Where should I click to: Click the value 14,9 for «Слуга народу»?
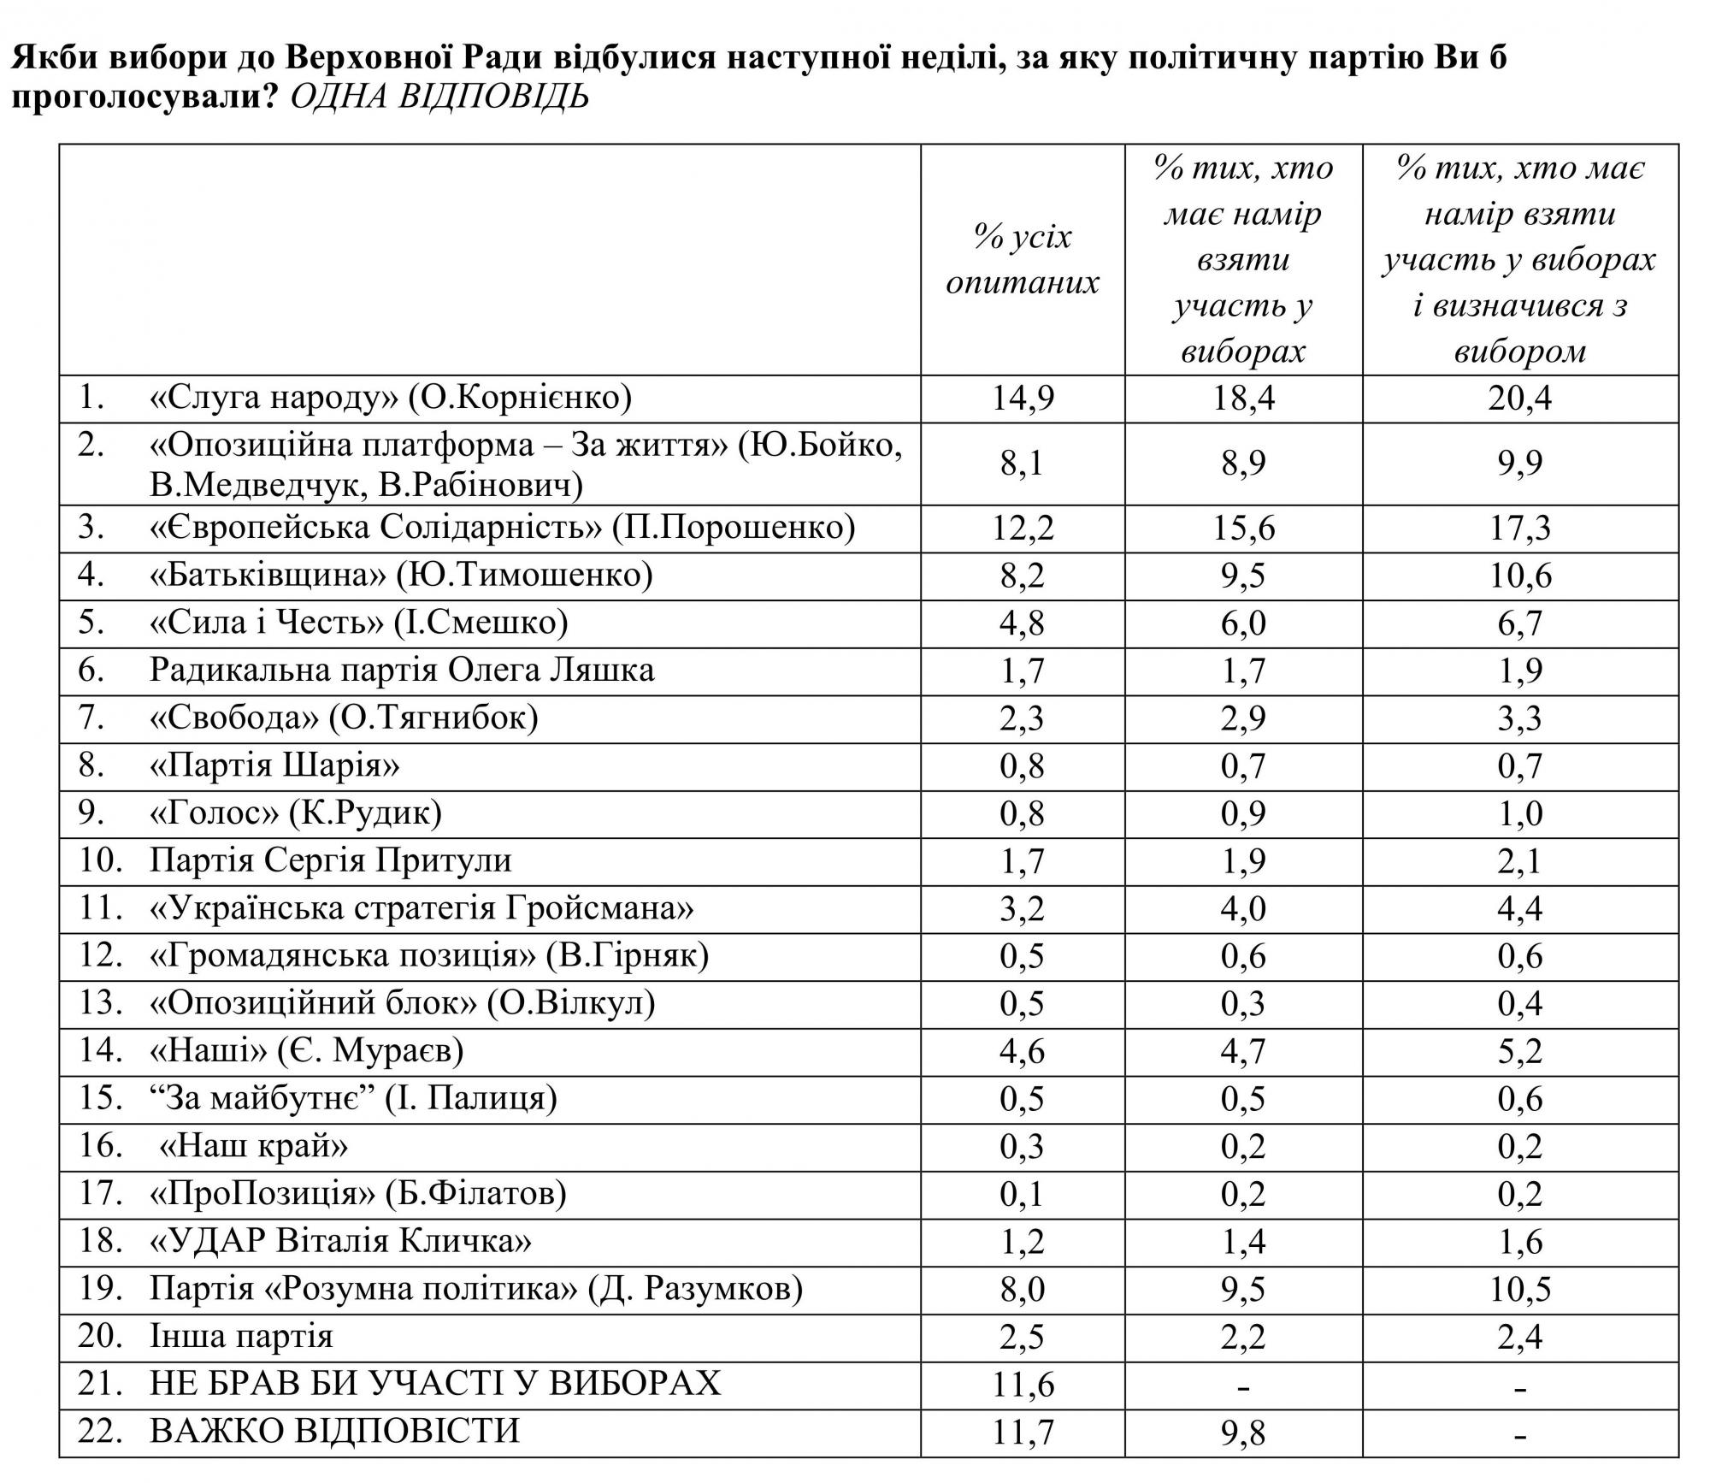click(1023, 399)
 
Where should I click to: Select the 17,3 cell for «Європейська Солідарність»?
click(1519, 529)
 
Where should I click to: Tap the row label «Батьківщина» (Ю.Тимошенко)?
click(401, 575)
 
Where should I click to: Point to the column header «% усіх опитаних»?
click(1023, 259)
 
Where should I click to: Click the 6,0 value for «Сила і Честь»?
click(1243, 623)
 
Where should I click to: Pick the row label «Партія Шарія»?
click(274, 765)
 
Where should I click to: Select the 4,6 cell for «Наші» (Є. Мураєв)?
click(1023, 1050)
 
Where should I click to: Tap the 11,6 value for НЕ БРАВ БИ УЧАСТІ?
click(1023, 1384)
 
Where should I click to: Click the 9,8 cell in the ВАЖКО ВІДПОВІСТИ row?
click(1243, 1432)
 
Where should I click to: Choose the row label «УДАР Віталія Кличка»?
click(340, 1241)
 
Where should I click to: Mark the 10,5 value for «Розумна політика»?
click(1519, 1289)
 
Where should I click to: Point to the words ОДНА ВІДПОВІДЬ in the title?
click(439, 97)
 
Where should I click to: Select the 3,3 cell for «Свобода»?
click(1519, 718)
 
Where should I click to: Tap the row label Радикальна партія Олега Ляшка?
click(402, 670)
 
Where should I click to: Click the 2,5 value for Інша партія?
click(1023, 1337)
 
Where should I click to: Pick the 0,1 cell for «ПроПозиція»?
click(1023, 1194)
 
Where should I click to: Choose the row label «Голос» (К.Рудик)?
click(296, 812)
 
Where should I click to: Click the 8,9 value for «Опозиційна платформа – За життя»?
click(1243, 464)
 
